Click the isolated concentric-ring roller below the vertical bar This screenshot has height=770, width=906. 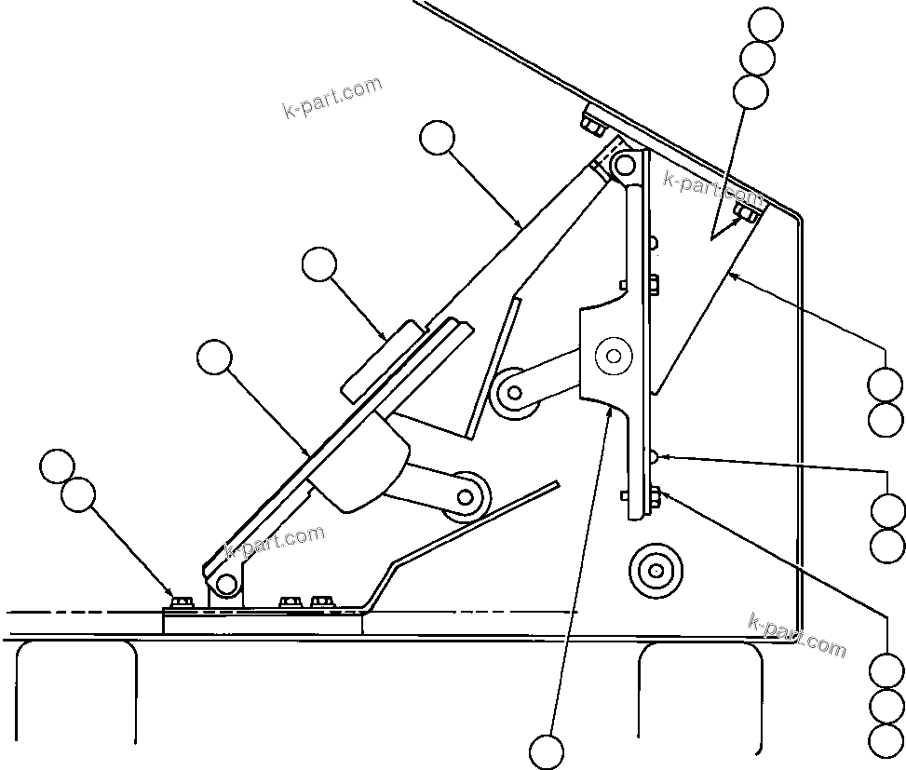656,569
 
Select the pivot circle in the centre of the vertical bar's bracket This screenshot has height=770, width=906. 613,356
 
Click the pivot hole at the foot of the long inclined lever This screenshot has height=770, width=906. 224,584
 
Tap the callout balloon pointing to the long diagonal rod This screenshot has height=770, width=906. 437,139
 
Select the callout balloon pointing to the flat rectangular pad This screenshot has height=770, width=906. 319,264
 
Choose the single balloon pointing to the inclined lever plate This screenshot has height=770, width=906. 214,357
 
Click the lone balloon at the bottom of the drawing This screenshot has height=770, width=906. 547,750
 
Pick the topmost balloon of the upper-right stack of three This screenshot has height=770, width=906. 766,25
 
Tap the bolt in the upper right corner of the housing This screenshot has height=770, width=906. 746,216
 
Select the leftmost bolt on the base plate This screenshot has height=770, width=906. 182,602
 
